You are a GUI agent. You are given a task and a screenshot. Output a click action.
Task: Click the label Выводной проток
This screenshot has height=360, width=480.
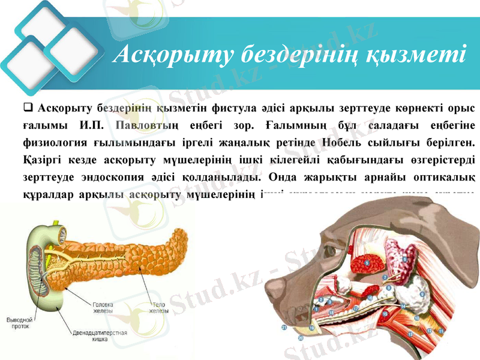tap(20, 323)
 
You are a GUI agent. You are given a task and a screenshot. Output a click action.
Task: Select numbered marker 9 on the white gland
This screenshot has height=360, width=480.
tap(422, 294)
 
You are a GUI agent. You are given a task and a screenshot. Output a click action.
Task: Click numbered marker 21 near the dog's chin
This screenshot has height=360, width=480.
tap(284, 327)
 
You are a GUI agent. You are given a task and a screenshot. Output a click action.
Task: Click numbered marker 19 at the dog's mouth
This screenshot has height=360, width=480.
tap(311, 328)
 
